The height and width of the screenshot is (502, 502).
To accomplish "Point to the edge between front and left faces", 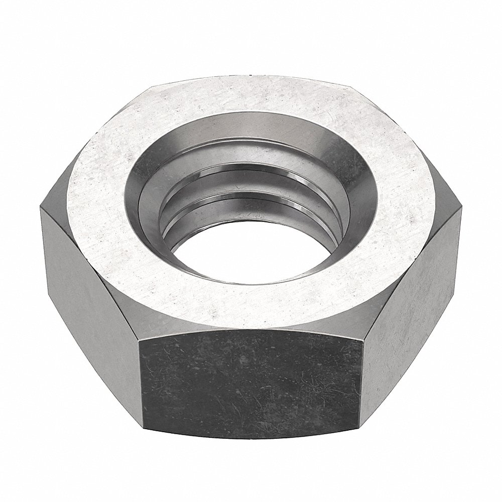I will [x=138, y=382].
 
